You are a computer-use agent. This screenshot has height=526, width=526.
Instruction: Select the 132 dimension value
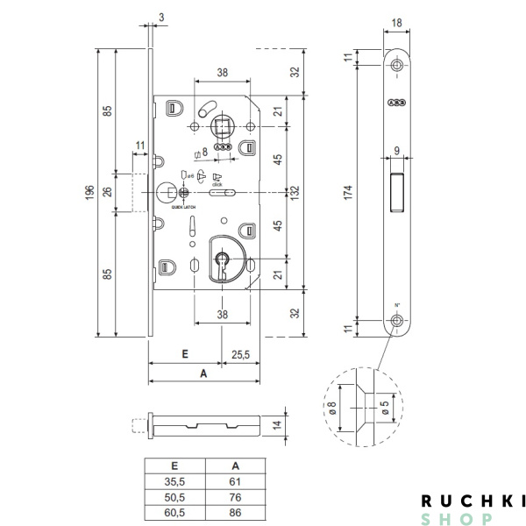(295, 192)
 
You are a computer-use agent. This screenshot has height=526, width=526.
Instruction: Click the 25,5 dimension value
(240, 354)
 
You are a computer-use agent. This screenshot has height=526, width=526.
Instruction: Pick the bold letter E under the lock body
(185, 354)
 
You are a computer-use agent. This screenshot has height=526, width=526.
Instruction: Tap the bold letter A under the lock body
(203, 373)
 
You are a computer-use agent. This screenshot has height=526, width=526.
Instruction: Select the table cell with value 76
(233, 495)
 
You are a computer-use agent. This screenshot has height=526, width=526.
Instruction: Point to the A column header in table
(233, 466)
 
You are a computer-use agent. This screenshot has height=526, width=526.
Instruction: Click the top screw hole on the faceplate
(397, 66)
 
